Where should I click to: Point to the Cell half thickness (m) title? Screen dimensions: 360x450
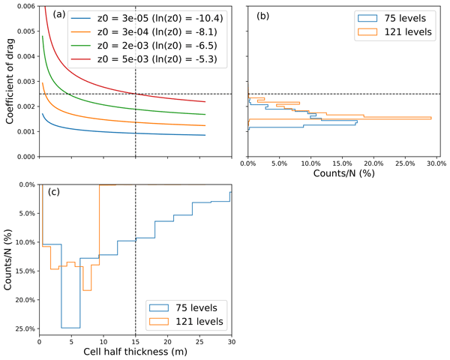click(x=135, y=351)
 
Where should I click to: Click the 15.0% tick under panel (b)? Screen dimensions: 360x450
click(x=342, y=163)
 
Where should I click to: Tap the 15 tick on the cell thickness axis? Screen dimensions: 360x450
click(x=135, y=341)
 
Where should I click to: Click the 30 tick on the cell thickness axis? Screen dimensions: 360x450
click(x=231, y=341)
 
